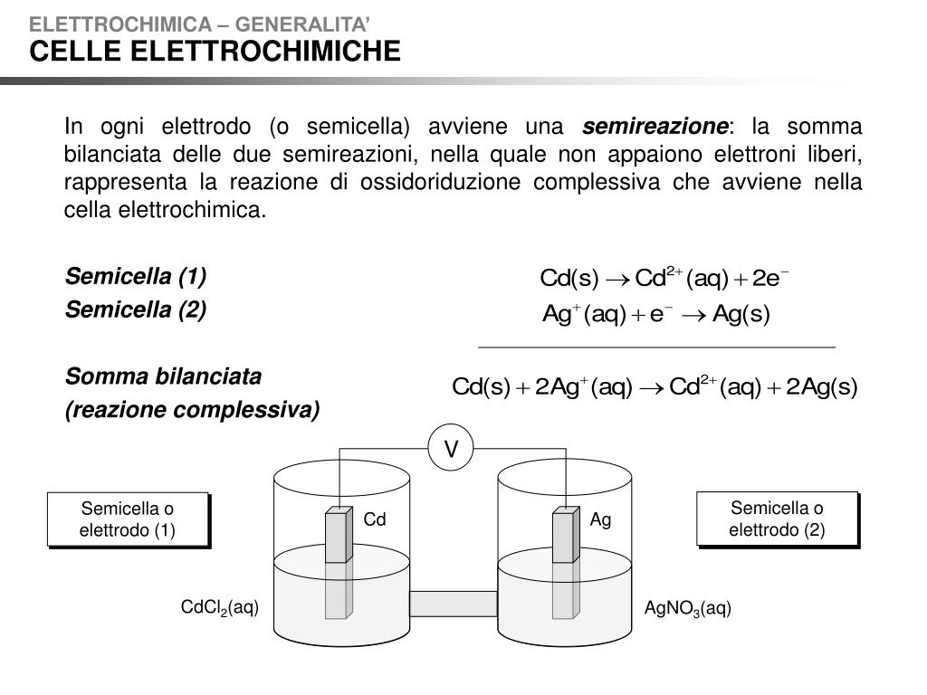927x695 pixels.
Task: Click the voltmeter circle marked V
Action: [450, 449]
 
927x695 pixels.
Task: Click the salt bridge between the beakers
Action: [454, 603]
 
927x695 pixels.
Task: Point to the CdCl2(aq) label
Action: [220, 608]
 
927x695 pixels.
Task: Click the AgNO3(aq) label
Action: [687, 608]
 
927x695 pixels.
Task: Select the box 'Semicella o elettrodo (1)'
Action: [128, 519]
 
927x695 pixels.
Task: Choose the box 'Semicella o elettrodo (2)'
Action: [777, 519]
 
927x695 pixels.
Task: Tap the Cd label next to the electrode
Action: [375, 520]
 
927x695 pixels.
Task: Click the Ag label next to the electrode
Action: [601, 520]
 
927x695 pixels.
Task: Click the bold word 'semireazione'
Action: [655, 126]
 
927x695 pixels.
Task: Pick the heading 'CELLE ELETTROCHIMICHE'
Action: [215, 52]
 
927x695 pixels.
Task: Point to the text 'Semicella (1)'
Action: [136, 275]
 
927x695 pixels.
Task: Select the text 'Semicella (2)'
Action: [136, 310]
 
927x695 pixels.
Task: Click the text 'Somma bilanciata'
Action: [163, 376]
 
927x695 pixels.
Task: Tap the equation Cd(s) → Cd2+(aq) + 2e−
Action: [664, 277]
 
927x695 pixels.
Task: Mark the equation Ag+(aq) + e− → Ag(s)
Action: [655, 314]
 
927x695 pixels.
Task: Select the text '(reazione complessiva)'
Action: [192, 411]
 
